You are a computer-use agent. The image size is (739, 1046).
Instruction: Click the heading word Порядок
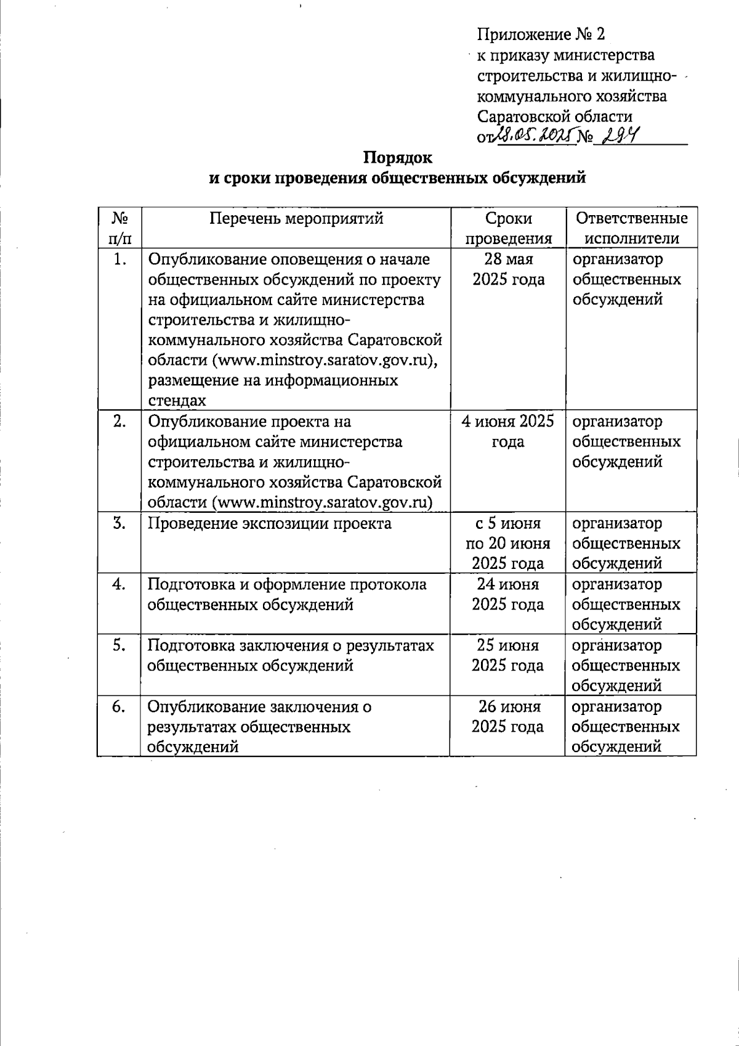397,158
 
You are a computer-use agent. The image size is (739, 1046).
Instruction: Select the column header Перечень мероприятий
296,219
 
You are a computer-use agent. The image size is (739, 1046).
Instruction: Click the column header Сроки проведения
508,229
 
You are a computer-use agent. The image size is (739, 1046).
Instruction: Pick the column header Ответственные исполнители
631,229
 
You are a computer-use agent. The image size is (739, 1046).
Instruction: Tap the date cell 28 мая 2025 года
508,269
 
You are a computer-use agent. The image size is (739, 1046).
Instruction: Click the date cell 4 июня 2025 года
508,431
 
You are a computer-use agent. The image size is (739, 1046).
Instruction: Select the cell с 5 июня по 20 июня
508,543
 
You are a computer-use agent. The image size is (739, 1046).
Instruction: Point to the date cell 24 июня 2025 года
508,594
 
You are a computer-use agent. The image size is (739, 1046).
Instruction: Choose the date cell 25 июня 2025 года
508,655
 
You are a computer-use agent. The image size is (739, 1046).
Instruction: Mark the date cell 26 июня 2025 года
508,716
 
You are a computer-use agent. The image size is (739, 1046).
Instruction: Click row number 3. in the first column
119,524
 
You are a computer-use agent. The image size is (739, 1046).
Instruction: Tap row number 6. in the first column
119,707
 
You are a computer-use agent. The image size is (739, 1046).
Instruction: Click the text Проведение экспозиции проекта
269,524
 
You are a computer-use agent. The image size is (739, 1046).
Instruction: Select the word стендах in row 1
177,401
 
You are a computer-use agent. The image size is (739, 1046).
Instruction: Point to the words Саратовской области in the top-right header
555,116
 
